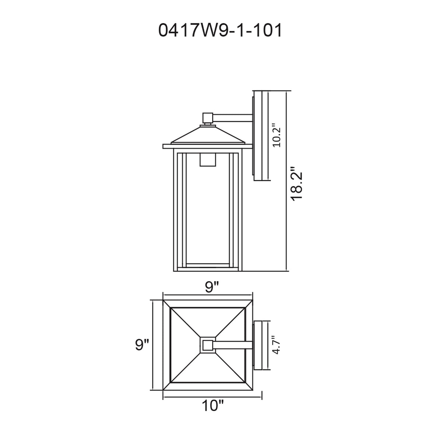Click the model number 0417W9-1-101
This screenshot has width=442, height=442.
coord(220,31)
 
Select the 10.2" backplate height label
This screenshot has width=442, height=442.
coord(277,136)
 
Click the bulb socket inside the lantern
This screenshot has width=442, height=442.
coord(208,159)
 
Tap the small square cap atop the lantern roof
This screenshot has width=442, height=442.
coord(208,118)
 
